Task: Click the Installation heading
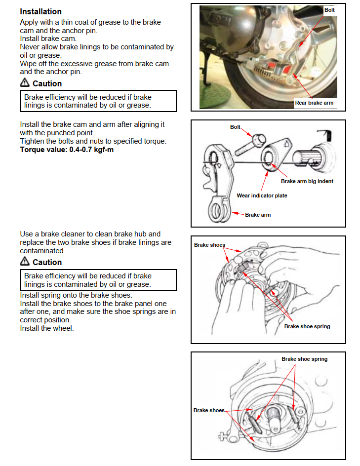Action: pos(40,11)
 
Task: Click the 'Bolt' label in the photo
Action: pos(329,10)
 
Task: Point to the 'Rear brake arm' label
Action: pos(314,103)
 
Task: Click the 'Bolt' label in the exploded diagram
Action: pos(235,127)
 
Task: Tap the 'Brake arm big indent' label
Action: pos(307,181)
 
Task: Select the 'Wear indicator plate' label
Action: pos(262,195)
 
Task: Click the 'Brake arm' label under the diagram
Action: pos(258,215)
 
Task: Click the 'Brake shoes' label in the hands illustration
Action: pos(209,245)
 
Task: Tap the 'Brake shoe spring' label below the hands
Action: pos(307,326)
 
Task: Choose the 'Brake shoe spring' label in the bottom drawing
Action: pos(304,359)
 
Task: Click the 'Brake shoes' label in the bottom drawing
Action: pos(209,410)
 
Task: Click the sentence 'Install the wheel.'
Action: pos(47,328)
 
